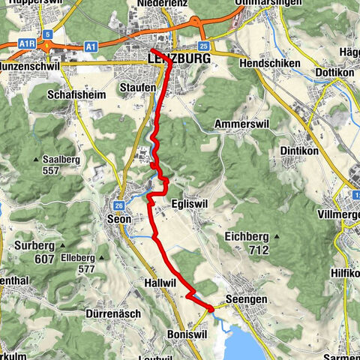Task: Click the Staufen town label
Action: tap(137, 88)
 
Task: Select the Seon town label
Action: tap(120, 219)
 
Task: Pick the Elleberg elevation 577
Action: tap(86, 268)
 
